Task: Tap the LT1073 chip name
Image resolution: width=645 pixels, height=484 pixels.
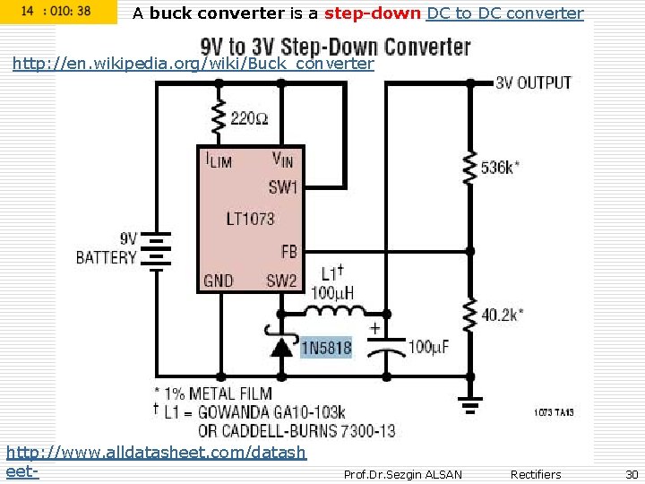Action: pyautogui.click(x=250, y=218)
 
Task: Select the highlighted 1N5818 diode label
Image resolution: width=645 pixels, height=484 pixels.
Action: pyautogui.click(x=327, y=348)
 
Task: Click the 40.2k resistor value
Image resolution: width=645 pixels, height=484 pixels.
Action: pyautogui.click(x=503, y=314)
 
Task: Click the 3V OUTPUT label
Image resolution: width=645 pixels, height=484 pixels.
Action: pyautogui.click(x=533, y=82)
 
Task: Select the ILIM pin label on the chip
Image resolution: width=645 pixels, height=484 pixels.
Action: pyautogui.click(x=219, y=160)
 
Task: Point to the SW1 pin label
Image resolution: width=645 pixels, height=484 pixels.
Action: pyautogui.click(x=282, y=187)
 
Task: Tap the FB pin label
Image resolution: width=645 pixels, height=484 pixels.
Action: pyautogui.click(x=288, y=252)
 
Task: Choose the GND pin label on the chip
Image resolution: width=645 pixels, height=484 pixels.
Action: pyautogui.click(x=219, y=281)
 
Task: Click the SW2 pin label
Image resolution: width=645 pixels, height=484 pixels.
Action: pyautogui.click(x=281, y=281)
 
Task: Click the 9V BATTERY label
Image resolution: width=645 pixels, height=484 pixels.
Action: pyautogui.click(x=107, y=248)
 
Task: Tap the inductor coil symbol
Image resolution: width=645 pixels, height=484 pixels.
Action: pyautogui.click(x=333, y=313)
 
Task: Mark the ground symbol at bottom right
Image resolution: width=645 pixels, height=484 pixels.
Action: pyautogui.click(x=468, y=408)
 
